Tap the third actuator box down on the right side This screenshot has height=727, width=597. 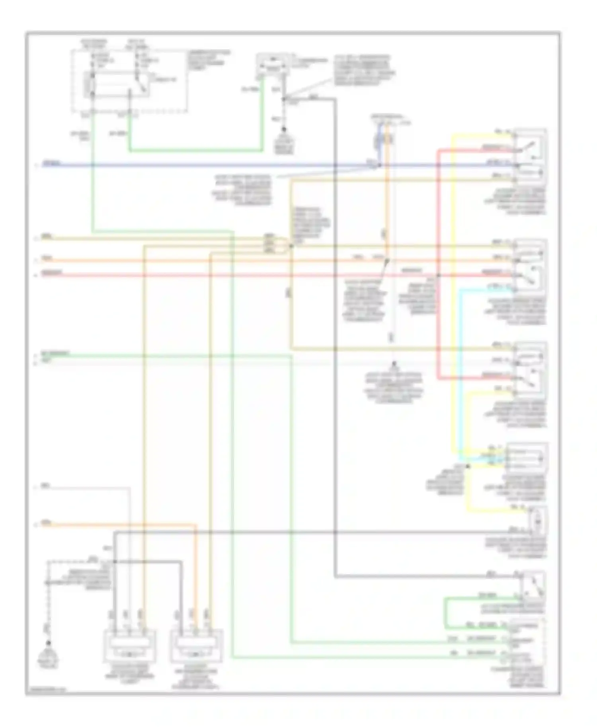click(x=530, y=369)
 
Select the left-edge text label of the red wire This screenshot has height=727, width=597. click(x=52, y=273)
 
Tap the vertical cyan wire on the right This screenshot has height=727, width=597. click(x=460, y=370)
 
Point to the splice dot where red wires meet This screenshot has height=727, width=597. click(x=438, y=275)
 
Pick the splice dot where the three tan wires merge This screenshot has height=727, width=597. click(x=291, y=246)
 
